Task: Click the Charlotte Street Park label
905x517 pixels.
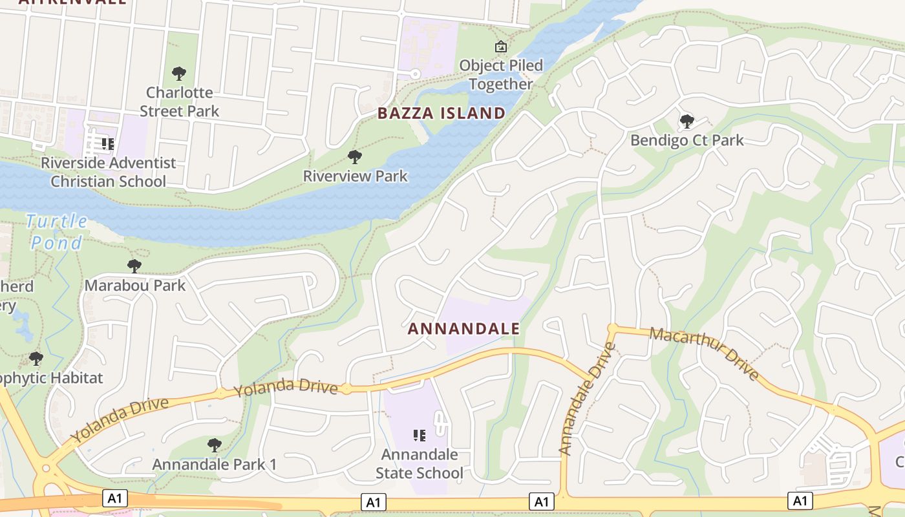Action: click(180, 102)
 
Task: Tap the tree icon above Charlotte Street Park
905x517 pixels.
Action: click(179, 73)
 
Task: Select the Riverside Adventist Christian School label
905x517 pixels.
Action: click(108, 172)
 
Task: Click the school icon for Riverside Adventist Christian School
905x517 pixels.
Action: click(108, 143)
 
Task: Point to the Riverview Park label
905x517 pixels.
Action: click(355, 176)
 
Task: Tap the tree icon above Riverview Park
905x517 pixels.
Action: click(354, 156)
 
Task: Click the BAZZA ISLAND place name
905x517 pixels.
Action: click(442, 113)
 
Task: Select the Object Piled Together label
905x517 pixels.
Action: click(501, 75)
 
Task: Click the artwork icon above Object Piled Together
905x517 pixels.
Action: click(500, 47)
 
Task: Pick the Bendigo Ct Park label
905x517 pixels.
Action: click(687, 140)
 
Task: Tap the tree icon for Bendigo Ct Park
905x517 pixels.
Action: click(687, 121)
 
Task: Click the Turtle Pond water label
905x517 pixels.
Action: click(58, 232)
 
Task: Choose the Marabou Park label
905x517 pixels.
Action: click(135, 285)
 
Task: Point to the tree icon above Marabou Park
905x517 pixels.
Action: click(134, 266)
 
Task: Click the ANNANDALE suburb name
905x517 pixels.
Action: click(463, 328)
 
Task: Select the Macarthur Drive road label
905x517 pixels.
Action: click(705, 353)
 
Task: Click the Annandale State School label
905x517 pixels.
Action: click(420, 464)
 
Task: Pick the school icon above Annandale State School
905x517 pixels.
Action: click(419, 436)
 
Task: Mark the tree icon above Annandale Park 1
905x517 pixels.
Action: click(214, 445)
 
